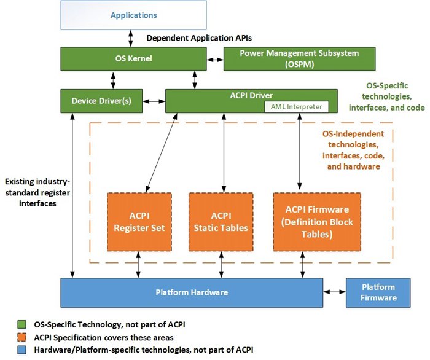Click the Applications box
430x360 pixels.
pos(133,15)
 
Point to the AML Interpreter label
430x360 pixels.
pos(294,106)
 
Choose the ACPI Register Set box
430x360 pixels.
pos(139,222)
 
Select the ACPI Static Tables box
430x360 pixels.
pos(221,222)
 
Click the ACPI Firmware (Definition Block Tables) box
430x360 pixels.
pos(317,222)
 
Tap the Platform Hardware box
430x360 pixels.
pos(192,292)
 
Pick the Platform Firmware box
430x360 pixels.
pos(378,292)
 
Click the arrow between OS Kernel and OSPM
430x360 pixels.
pos(214,60)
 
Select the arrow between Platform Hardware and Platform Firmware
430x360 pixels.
pos(334,292)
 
